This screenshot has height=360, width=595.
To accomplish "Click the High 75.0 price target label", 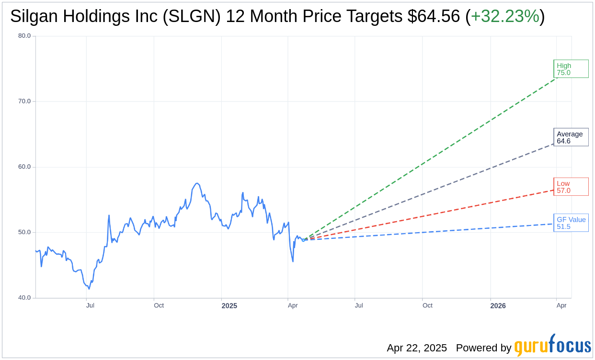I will tap(571, 69).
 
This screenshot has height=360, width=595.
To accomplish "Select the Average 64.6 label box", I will tap(571, 137).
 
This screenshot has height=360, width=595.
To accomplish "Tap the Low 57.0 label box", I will tap(571, 187).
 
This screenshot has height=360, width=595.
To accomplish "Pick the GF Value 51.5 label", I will tap(571, 223).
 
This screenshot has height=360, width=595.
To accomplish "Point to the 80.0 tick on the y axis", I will tap(24, 35).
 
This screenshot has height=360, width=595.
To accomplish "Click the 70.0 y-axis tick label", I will tap(24, 101).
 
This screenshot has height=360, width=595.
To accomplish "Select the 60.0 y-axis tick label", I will tap(24, 167).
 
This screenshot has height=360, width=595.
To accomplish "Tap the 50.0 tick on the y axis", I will tap(24, 232).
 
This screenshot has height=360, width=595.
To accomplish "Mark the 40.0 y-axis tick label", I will tap(24, 298).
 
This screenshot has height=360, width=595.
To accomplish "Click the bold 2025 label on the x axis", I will tap(229, 305).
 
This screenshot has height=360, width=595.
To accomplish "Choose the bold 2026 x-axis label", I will tap(498, 305).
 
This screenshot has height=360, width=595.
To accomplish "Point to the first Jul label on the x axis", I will tap(90, 305).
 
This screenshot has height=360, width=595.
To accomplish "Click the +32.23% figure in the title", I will tap(505, 16).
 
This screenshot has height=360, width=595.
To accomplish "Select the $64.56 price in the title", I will tap(434, 16).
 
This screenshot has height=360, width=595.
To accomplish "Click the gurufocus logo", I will tap(552, 346).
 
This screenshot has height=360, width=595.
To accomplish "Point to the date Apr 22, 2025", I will tap(417, 348).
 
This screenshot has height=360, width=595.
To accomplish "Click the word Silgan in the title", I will tap(34, 16).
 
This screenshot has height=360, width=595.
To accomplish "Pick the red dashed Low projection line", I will tap(431, 215).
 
